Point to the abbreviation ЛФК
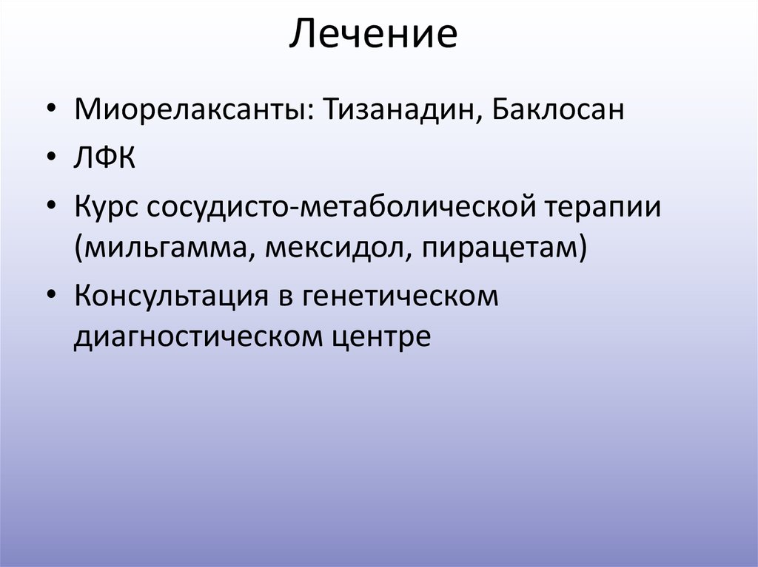(x=104, y=158)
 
